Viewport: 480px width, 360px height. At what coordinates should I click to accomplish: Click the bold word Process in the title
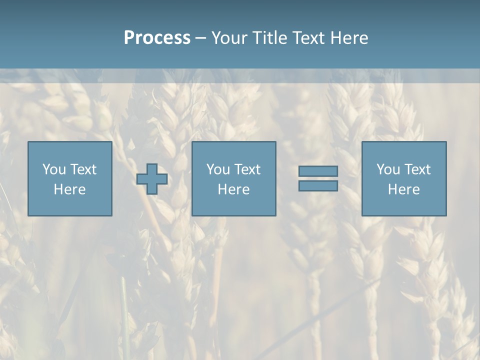pyautogui.click(x=157, y=38)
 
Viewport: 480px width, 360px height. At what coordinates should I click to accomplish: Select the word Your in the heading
pyautogui.click(x=231, y=38)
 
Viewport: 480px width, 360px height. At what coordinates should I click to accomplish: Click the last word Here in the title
pyautogui.click(x=349, y=38)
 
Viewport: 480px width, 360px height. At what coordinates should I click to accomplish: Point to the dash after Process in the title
pyautogui.click(x=200, y=38)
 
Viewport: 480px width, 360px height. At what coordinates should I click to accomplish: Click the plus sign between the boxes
pyautogui.click(x=152, y=179)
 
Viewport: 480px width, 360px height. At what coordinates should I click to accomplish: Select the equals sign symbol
pyautogui.click(x=318, y=178)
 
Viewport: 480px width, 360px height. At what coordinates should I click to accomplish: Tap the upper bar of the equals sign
pyautogui.click(x=318, y=171)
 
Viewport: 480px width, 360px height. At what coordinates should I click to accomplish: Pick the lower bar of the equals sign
pyautogui.click(x=318, y=186)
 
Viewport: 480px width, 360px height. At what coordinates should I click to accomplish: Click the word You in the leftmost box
pyautogui.click(x=54, y=169)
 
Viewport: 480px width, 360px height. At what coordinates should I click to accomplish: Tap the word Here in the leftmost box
pyautogui.click(x=70, y=189)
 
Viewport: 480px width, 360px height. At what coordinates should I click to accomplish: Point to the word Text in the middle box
pyautogui.click(x=247, y=169)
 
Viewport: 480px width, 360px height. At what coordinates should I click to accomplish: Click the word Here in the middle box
pyautogui.click(x=234, y=189)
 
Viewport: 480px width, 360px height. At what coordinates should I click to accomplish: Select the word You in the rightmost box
pyautogui.click(x=388, y=169)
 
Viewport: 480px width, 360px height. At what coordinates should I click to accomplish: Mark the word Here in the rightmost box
pyautogui.click(x=404, y=189)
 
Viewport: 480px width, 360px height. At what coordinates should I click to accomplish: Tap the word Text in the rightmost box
pyautogui.click(x=417, y=169)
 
